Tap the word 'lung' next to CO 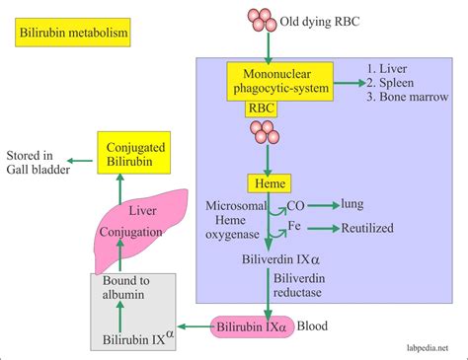click(x=353, y=204)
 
